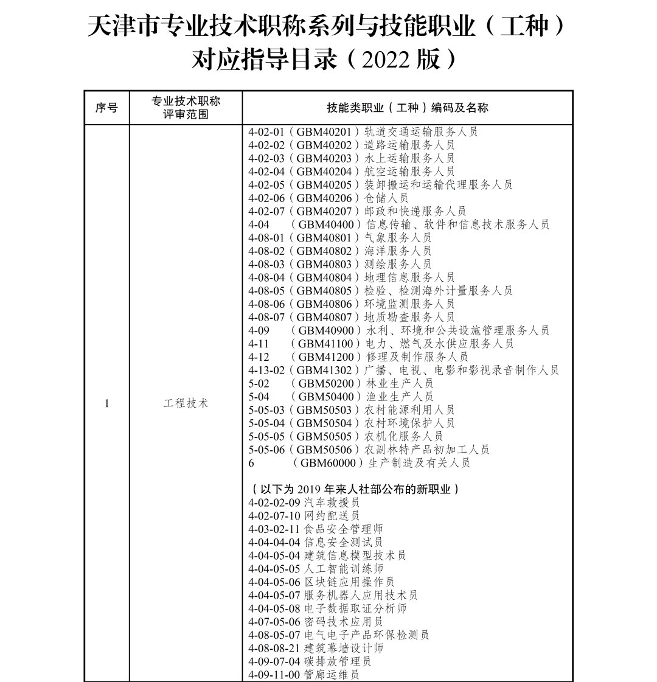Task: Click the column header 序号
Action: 107,108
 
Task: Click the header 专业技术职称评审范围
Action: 186,108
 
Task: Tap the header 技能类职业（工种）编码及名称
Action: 407,108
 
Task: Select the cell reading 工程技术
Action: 186,403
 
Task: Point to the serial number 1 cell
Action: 107,403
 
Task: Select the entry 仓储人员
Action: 386,198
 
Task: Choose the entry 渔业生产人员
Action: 400,397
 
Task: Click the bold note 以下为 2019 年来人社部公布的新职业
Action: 355,489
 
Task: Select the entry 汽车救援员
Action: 332,503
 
